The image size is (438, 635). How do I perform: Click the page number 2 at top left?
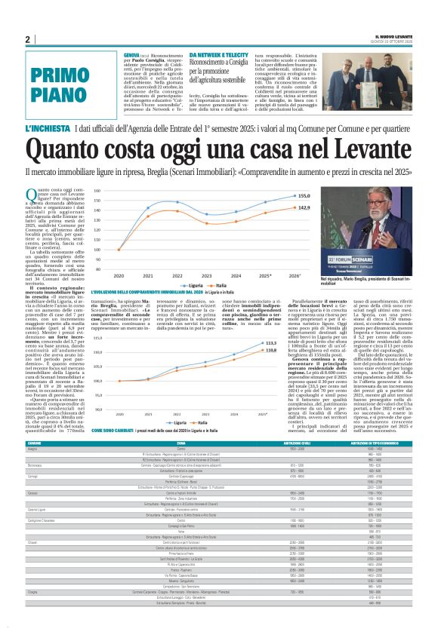[x=28, y=39]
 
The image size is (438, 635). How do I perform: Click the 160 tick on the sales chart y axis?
[x=97, y=192]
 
